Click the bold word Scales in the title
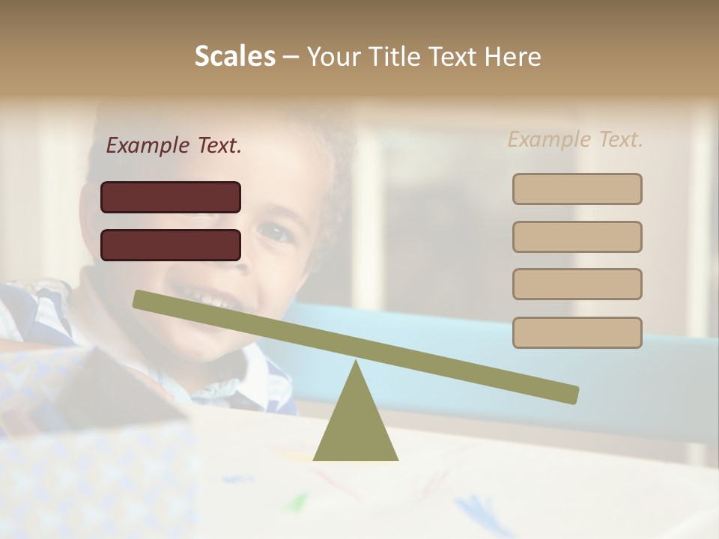[x=235, y=56]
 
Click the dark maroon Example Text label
[x=174, y=145]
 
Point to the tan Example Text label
[x=575, y=139]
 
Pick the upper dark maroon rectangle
[x=171, y=197]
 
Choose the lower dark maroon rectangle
[x=171, y=245]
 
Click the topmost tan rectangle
[x=577, y=189]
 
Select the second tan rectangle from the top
[x=577, y=237]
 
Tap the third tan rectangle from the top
[x=577, y=284]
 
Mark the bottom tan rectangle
[x=577, y=332]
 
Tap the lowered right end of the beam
[x=571, y=395]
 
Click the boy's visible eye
[x=277, y=232]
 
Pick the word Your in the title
[x=334, y=56]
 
